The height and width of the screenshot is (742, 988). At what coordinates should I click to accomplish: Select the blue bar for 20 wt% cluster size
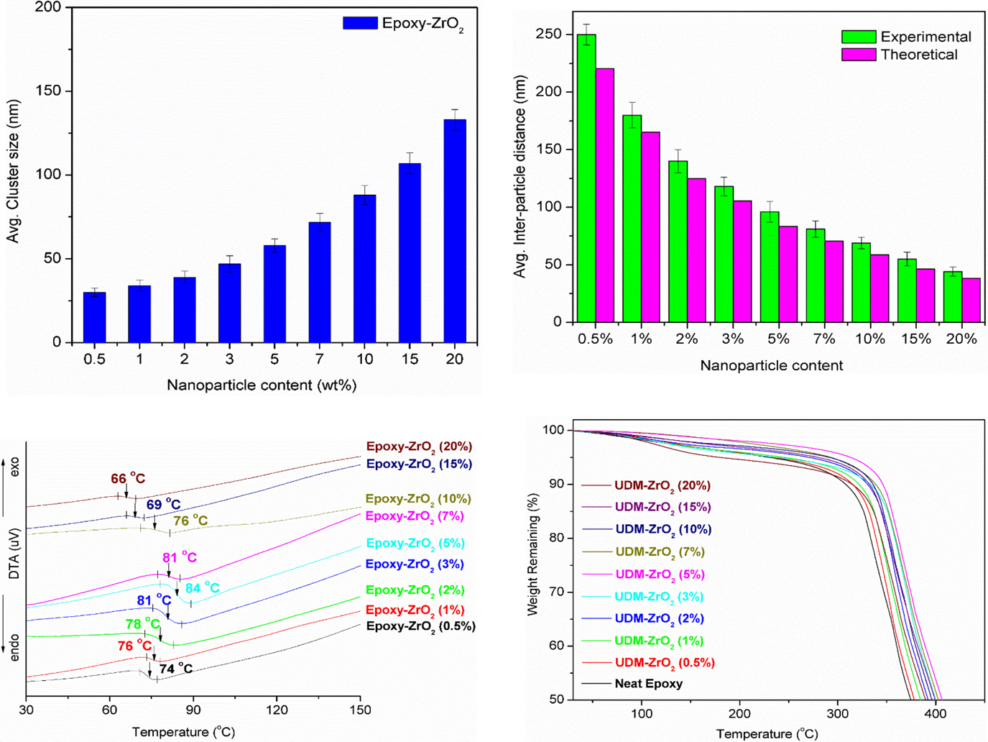coord(455,231)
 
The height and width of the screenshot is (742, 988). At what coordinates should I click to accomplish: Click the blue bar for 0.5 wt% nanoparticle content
coord(94,317)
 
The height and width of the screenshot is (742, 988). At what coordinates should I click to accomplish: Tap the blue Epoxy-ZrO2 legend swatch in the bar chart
coord(360,23)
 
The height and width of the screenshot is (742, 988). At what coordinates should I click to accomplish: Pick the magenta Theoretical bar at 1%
coord(650,227)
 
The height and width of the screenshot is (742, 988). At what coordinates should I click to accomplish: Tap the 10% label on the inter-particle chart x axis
coord(870,339)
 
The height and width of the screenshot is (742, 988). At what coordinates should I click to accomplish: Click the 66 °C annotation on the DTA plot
coord(128,479)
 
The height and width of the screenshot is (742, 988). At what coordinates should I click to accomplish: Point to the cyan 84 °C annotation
coord(203,588)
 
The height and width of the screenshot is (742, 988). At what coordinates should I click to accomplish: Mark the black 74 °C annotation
coord(176,669)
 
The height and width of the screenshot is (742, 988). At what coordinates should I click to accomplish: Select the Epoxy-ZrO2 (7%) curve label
coord(415,516)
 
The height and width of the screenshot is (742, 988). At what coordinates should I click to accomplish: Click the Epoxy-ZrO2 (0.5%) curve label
coord(421,626)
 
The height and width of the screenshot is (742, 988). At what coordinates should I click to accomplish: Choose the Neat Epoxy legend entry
coord(648,684)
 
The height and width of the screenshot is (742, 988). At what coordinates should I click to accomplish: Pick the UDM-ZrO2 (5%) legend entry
coord(659,574)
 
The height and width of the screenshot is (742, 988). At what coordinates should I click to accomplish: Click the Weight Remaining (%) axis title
coord(532,554)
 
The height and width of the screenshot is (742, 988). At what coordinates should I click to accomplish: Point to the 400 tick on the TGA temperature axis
coord(935,714)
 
